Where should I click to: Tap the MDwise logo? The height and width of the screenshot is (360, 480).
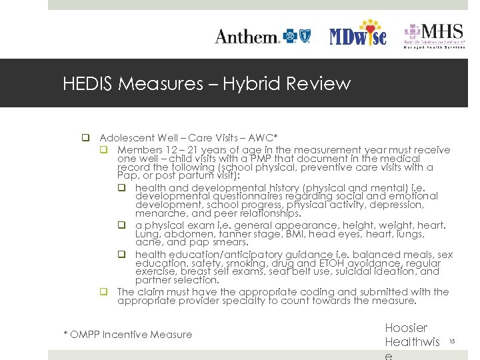358,33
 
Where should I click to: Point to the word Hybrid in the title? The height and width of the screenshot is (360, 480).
248,84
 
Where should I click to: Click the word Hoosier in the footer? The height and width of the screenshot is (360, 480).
406,328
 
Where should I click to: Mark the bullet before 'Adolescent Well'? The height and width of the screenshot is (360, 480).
86,138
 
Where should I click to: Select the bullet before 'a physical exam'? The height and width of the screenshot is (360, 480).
122,225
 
